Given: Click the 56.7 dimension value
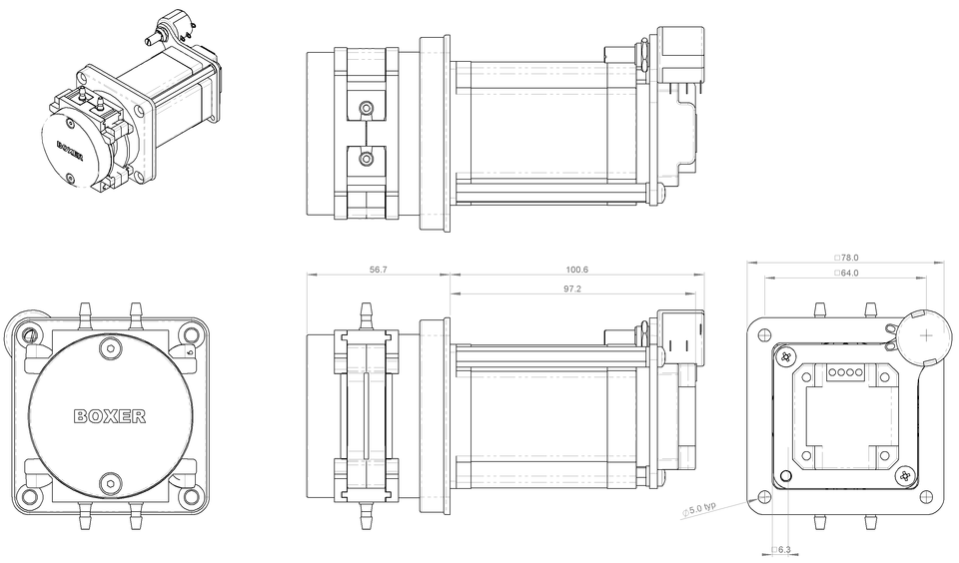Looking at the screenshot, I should pyautogui.click(x=379, y=270).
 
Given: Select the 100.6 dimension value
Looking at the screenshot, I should pyautogui.click(x=577, y=270).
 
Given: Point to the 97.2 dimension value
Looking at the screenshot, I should pyautogui.click(x=572, y=288).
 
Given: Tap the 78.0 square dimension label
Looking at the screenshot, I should pyautogui.click(x=846, y=258).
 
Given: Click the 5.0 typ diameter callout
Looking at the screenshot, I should pyautogui.click(x=700, y=509).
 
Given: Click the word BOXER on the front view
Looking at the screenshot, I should pyautogui.click(x=110, y=416).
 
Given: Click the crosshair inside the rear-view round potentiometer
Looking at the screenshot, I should pyautogui.click(x=926, y=334).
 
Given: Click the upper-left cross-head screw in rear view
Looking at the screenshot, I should pyautogui.click(x=788, y=356).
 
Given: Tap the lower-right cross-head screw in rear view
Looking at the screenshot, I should pyautogui.click(x=905, y=476).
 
